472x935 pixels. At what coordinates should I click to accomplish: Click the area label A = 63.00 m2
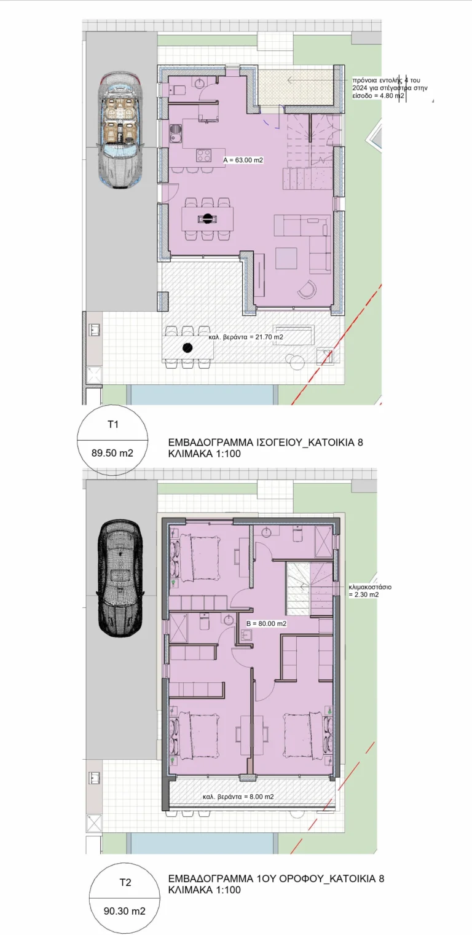(x=243, y=160)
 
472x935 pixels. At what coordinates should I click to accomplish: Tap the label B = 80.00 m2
(x=266, y=623)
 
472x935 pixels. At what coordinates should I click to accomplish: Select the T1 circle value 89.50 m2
(x=112, y=453)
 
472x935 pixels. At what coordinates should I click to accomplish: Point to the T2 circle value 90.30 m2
(x=124, y=911)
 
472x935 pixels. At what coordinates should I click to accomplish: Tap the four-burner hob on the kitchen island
(x=204, y=156)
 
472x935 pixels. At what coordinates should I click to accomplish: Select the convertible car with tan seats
(x=120, y=130)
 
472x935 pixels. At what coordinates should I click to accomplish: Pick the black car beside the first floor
(x=120, y=578)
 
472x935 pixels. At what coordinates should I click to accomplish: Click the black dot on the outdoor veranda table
(x=188, y=347)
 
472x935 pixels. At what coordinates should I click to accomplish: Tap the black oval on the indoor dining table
(x=207, y=218)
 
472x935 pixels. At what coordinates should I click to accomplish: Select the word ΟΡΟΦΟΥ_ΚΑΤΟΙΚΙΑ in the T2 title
(x=321, y=878)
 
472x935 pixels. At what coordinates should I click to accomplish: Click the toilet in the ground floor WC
(x=178, y=90)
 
